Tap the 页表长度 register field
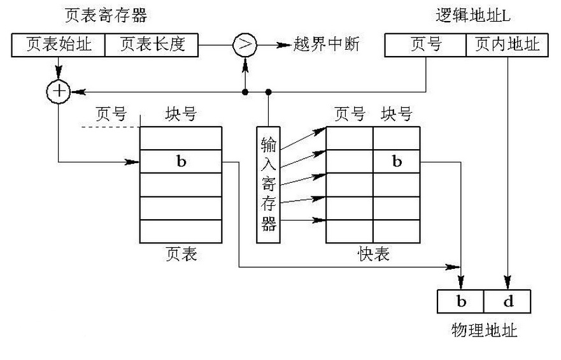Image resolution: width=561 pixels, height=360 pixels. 152,45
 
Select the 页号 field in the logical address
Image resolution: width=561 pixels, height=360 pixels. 426,45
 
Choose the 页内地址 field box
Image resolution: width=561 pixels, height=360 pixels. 507,45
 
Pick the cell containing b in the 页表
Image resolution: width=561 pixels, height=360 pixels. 181,161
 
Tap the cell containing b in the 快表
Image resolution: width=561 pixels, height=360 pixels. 396,161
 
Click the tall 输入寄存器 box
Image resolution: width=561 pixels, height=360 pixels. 268,184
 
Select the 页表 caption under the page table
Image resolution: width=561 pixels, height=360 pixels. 181,254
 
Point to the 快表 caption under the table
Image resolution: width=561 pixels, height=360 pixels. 373,254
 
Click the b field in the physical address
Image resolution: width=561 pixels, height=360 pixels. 461,301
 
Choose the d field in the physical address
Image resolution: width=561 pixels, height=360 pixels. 508,301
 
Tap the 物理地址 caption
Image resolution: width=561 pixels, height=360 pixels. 484,330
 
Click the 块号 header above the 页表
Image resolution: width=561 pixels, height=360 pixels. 181,114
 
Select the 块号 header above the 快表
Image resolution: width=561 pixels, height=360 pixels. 396,114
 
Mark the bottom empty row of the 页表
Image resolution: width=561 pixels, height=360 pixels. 181,231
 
